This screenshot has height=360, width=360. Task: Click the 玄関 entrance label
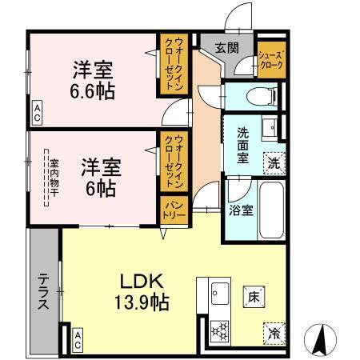tap(226, 47)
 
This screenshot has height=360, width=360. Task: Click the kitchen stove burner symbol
tap(218, 329)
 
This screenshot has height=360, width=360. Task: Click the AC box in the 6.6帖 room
tap(38, 111)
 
